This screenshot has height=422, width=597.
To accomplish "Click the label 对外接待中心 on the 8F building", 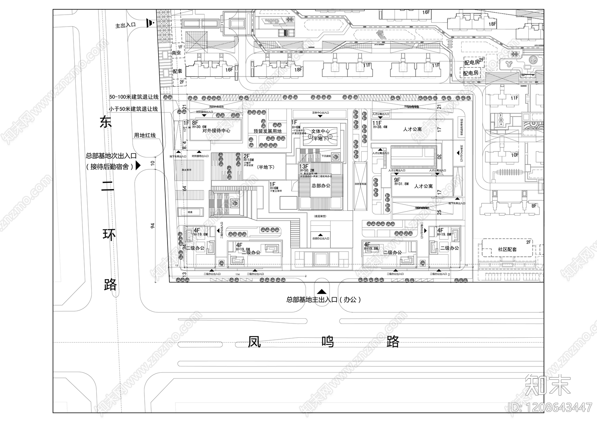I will (x=216, y=131).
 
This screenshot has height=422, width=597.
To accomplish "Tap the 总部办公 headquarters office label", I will (x=321, y=185).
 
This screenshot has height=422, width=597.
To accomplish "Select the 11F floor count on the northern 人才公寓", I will (x=377, y=123).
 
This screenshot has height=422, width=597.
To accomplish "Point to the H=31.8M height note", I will (x=401, y=184).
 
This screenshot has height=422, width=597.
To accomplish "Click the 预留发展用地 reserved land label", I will (x=267, y=131).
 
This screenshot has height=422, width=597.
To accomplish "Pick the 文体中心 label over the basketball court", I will (x=320, y=131).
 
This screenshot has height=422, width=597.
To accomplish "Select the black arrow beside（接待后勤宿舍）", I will (x=138, y=166).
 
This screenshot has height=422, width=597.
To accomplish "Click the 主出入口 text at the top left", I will (x=125, y=25).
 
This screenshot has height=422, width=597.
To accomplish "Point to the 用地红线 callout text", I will (x=145, y=135).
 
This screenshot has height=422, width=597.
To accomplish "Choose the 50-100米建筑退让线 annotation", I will (x=134, y=97).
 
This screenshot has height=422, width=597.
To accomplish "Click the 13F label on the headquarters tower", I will (x=304, y=166).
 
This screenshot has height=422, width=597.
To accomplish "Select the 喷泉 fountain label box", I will (x=190, y=212).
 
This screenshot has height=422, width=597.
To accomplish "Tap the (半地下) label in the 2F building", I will (x=266, y=167).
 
